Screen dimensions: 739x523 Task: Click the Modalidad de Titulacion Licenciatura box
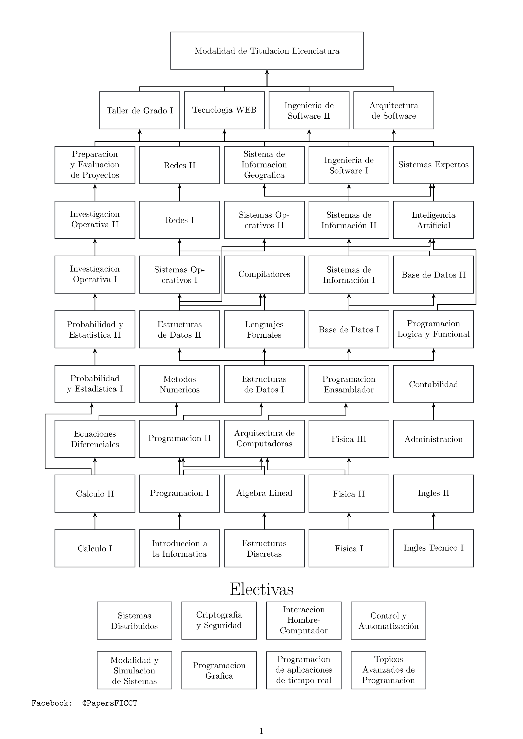coord(267,50)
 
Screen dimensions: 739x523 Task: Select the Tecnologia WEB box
coord(224,110)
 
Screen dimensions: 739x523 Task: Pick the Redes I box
coord(179,220)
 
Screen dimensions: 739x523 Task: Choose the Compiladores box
coord(264,274)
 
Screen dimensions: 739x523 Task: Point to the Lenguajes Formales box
coord(264,329)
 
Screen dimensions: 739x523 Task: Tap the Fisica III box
coord(349,439)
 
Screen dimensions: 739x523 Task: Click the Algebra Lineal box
coord(264,493)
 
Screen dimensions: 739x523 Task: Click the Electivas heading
coord(261,590)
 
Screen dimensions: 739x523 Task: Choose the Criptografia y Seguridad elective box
coord(219,620)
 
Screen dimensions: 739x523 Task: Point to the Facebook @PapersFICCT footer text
coord(84,703)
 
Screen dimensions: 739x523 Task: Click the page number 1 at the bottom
coord(261,731)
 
